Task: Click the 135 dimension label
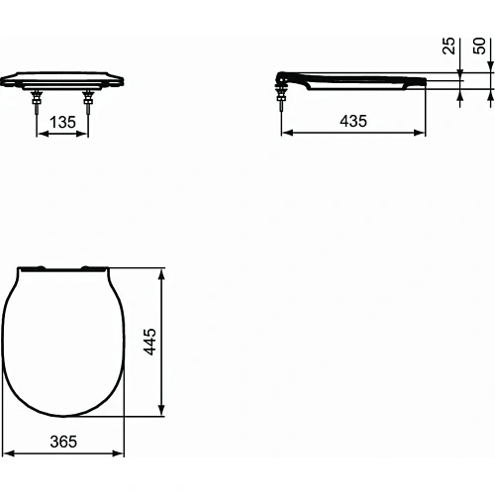[63, 122]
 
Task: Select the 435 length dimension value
[352, 121]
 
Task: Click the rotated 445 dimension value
[177, 343]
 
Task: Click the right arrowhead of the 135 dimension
[87, 134]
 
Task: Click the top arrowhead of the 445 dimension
[162, 270]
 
